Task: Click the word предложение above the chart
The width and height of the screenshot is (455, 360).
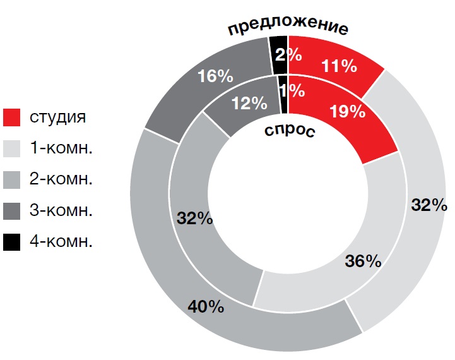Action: pos(288,28)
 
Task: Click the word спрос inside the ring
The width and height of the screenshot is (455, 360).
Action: pos(288,132)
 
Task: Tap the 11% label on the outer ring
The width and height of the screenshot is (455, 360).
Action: pos(339,66)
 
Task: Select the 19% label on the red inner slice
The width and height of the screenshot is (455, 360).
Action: pos(348,112)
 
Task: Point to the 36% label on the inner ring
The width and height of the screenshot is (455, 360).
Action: pos(363,260)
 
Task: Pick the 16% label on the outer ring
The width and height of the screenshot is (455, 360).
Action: pos(215,76)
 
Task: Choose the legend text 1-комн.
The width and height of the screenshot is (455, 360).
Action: pos(61,148)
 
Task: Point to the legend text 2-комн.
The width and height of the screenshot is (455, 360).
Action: pos(61,179)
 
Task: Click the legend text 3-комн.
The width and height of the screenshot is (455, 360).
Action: pos(61,210)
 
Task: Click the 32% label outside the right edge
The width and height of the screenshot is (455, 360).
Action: pos(429,206)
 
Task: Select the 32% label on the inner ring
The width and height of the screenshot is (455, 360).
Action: pos(194,219)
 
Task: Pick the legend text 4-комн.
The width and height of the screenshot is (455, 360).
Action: pos(61,241)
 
